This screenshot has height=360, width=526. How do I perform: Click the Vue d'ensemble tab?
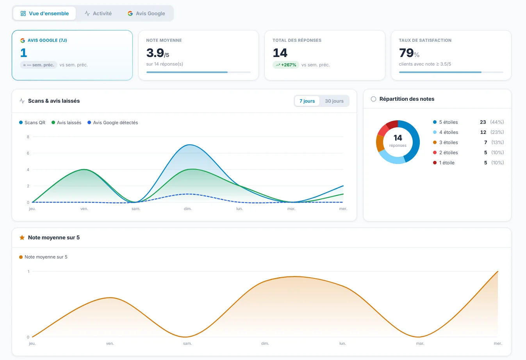45,13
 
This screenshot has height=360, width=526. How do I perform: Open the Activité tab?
98,13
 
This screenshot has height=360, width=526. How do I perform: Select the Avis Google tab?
146,13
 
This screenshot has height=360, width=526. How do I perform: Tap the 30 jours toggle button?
334,101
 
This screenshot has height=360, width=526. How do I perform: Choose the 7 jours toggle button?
307,101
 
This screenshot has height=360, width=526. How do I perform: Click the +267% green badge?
286,65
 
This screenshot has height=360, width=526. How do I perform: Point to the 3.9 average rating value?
155,53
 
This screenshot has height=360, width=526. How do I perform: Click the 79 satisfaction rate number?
406,53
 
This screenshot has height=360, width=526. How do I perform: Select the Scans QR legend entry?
32,123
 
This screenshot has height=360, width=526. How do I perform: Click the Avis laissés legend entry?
66,123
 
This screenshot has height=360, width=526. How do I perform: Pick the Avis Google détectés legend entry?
113,123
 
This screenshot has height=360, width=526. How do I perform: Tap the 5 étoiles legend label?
449,122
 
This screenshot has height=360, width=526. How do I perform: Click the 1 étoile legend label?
447,163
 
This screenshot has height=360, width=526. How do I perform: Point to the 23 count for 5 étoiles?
483,122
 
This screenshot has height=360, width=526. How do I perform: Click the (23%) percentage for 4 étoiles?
497,132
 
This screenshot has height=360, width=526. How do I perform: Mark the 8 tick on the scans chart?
28,137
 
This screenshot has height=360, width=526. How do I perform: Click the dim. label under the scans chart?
187,209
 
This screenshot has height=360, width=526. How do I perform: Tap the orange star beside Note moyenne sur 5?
22,237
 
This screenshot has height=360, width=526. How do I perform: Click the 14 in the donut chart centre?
398,137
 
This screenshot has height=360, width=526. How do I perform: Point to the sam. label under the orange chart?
187,343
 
